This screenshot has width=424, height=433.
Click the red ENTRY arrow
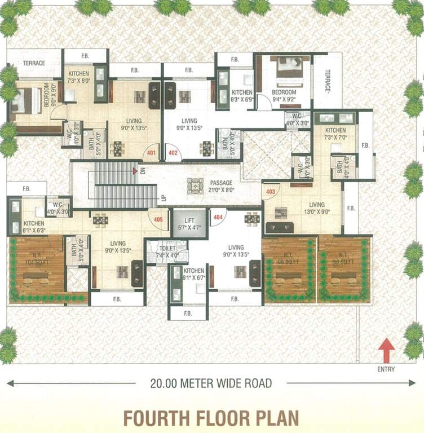(x=386, y=350)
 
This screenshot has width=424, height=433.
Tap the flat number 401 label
(x=151, y=152)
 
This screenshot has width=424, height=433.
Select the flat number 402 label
(x=173, y=152)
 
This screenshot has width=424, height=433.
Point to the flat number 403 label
(x=271, y=192)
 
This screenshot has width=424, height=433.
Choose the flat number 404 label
(x=218, y=216)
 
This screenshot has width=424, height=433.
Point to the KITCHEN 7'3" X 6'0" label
(x=79, y=77)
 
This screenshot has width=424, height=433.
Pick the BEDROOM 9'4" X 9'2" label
(x=284, y=96)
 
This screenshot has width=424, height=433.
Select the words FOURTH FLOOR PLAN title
(x=211, y=418)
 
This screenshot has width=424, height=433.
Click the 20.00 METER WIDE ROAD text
(x=211, y=383)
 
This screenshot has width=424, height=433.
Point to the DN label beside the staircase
(x=143, y=171)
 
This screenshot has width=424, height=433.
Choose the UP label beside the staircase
(x=164, y=198)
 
